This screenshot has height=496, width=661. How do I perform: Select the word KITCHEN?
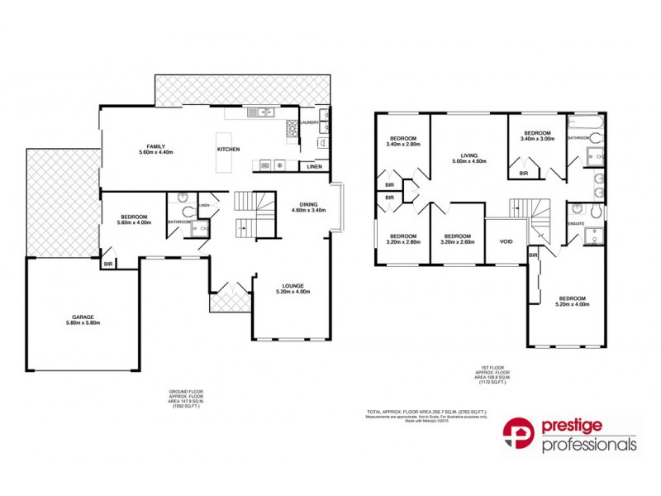click(x=229, y=149)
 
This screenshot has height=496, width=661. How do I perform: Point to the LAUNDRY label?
click(x=310, y=122)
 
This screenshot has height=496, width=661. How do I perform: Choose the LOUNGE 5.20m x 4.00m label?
click(x=292, y=289)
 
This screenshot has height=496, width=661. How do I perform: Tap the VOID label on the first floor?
click(x=506, y=241)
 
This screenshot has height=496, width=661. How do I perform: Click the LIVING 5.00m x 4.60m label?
click(x=469, y=158)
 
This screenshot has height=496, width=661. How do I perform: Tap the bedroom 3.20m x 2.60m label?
click(x=457, y=238)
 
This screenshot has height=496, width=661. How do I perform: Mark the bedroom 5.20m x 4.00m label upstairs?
click(x=572, y=301)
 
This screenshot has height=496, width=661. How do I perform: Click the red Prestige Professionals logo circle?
click(x=520, y=437)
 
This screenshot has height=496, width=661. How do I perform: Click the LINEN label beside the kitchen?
click(x=314, y=167)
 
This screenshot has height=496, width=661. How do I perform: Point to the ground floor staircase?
click(x=253, y=212)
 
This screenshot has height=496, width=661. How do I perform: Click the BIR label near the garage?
click(x=108, y=264)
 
